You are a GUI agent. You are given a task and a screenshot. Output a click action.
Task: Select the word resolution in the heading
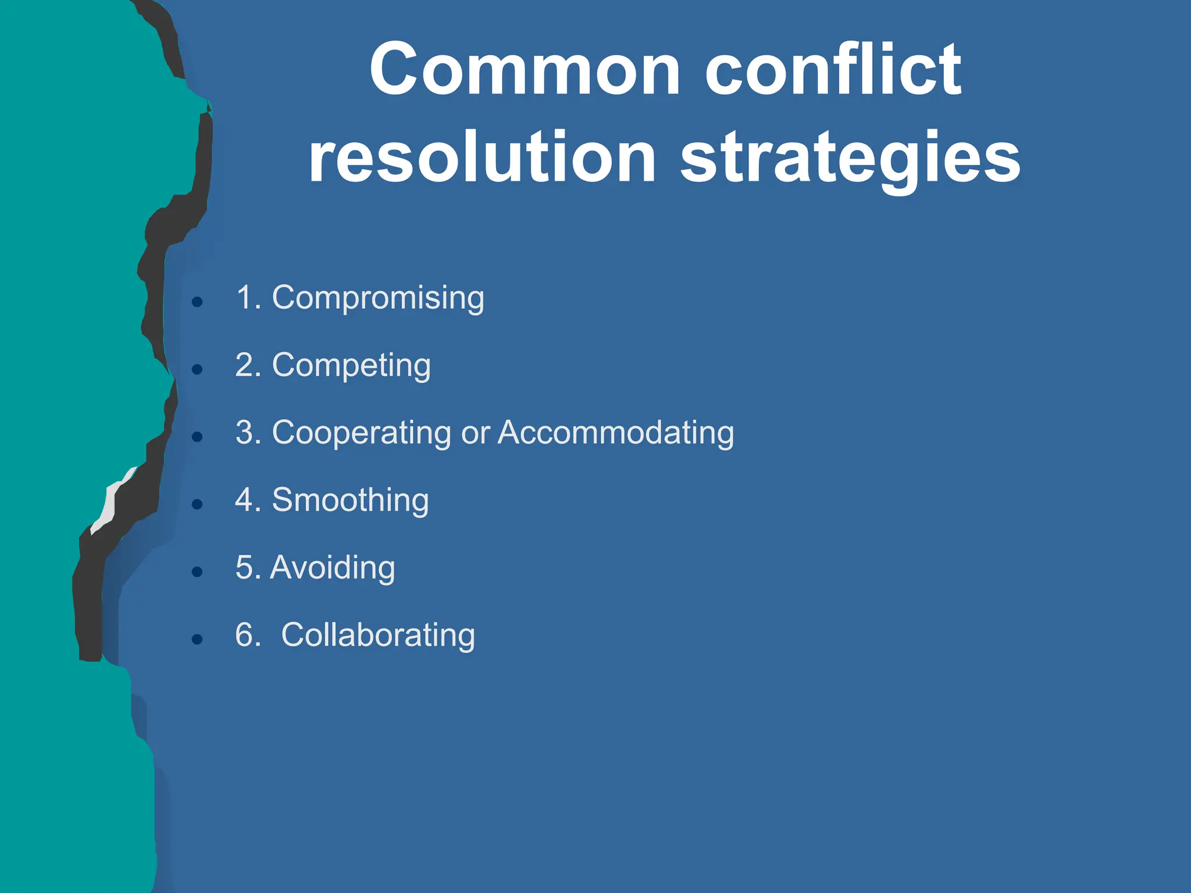(482, 158)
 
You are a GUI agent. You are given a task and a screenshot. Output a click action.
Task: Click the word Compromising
(378, 298)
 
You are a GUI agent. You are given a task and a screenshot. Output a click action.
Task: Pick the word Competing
(351, 366)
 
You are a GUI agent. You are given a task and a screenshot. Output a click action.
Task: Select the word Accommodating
(616, 433)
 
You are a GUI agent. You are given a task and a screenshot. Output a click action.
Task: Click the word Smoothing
(350, 500)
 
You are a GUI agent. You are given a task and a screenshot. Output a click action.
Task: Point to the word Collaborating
(378, 635)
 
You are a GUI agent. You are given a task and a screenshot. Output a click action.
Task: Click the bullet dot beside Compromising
(197, 301)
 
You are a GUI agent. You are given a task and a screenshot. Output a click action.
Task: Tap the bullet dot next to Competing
(197, 369)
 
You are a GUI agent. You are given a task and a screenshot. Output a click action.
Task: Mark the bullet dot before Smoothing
(197, 503)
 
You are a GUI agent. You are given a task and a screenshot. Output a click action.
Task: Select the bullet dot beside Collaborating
(197, 639)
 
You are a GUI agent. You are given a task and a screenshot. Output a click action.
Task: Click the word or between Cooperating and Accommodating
(476, 434)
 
